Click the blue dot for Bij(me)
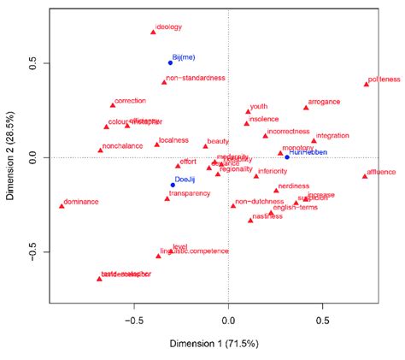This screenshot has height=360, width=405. [170, 62]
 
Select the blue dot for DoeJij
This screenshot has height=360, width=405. [173, 185]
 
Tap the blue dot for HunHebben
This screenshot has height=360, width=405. [287, 157]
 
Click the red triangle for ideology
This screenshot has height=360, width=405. [153, 32]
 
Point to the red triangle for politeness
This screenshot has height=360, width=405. [367, 84]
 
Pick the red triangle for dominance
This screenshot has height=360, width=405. [62, 205]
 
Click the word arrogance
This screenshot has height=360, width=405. [324, 102]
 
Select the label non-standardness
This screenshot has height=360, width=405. [195, 78]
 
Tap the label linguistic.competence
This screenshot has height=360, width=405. [197, 251]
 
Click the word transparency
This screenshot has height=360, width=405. [189, 194]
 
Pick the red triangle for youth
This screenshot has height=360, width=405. [248, 111]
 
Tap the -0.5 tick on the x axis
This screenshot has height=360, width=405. [134, 322]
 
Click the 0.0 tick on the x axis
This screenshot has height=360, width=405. [228, 322]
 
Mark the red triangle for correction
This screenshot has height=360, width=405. [112, 105]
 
